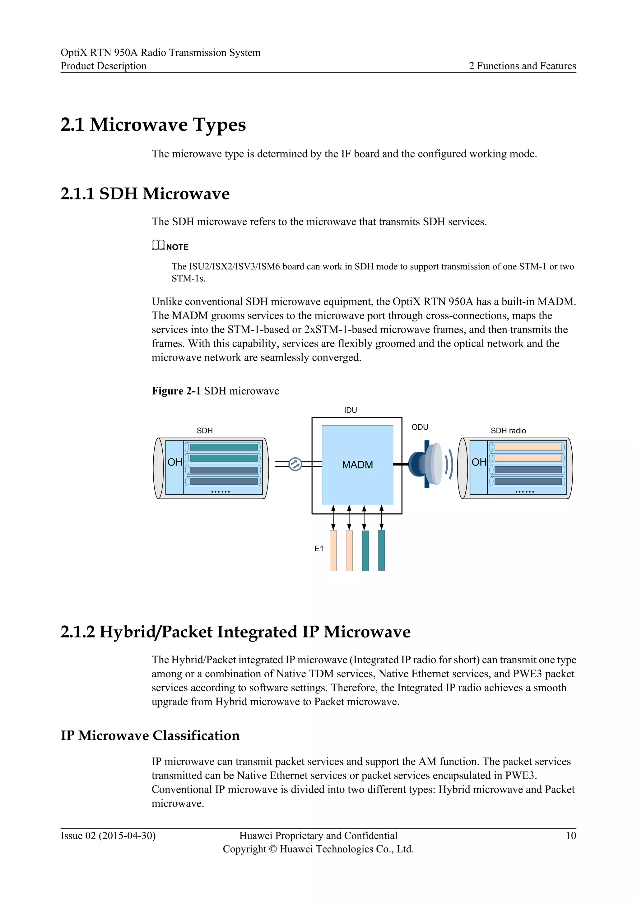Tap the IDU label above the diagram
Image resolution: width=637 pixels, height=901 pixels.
click(350, 410)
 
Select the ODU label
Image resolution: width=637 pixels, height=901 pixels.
click(420, 427)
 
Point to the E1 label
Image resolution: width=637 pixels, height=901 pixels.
click(319, 549)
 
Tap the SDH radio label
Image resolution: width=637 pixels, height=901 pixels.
click(508, 431)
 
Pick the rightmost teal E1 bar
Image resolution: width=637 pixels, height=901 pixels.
click(381, 550)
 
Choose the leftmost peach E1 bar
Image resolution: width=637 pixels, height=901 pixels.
click(333, 551)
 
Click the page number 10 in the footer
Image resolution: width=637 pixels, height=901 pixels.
click(571, 836)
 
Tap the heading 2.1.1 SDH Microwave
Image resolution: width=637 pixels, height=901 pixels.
click(145, 194)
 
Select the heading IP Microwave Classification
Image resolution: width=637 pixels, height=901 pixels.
click(150, 735)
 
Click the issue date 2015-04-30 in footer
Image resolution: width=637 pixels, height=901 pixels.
click(127, 836)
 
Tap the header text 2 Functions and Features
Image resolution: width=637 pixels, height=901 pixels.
click(522, 66)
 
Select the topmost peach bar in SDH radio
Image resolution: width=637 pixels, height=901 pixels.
click(528, 447)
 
